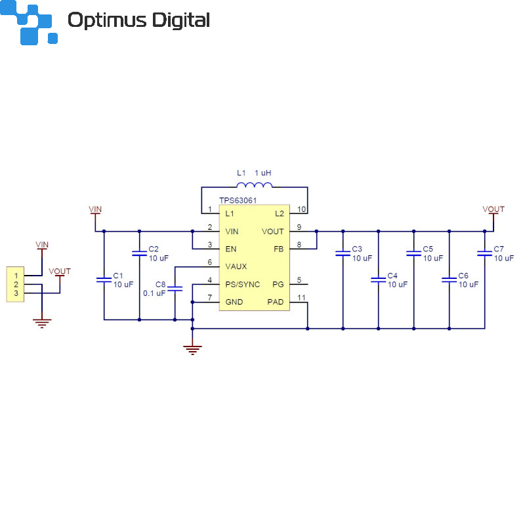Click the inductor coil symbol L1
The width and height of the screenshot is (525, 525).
click(254, 185)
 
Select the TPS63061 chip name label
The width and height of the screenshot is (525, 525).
click(238, 200)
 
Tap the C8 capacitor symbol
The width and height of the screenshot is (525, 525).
click(175, 289)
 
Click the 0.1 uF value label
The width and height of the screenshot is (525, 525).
click(154, 293)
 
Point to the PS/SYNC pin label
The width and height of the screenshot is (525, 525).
click(242, 284)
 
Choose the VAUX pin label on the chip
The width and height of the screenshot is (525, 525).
click(236, 266)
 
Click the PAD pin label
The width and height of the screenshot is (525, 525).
click(276, 302)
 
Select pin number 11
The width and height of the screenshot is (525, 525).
click(301, 298)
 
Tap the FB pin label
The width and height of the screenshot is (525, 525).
click(278, 249)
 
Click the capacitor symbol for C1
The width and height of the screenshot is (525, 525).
click(104, 280)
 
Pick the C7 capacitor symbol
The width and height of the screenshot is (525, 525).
click(484, 253)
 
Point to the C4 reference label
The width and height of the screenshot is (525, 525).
click(392, 276)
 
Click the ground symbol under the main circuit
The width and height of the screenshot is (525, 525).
click(192, 350)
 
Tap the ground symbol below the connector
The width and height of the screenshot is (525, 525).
click(42, 324)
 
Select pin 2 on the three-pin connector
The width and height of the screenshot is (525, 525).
click(16, 285)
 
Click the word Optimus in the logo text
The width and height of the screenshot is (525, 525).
click(107, 20)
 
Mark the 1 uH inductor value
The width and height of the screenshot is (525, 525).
click(263, 173)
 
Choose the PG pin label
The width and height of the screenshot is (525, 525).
click(278, 284)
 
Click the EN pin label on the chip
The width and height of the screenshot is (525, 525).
click(231, 249)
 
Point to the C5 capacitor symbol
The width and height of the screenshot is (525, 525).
click(413, 253)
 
